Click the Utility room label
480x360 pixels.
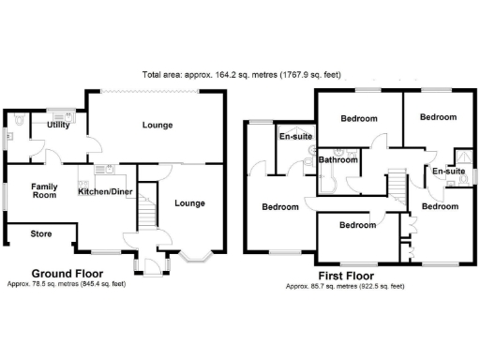tap(58, 125)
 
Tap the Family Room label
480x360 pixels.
tap(44, 191)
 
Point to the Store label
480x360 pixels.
tap(40, 233)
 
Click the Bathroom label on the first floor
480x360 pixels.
tap(337, 160)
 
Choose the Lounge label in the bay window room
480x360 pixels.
tap(189, 203)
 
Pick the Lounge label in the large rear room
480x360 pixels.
tap(157, 125)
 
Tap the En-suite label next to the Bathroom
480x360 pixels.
tap(296, 137)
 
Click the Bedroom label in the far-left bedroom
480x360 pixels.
tap(279, 206)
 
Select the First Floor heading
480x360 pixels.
tap(345, 277)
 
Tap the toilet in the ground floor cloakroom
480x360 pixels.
tap(20, 120)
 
